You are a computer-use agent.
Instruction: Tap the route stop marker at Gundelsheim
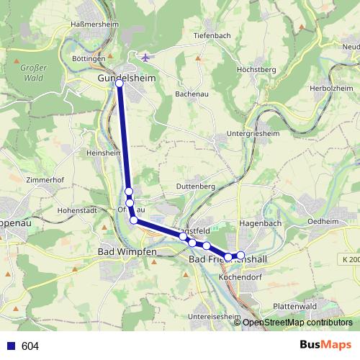120,84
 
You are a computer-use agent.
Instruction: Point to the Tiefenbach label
211,35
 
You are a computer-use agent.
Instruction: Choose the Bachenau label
192,94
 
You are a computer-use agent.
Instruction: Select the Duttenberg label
197,186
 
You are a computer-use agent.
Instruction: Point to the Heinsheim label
103,153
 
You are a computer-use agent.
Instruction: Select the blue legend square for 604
11,346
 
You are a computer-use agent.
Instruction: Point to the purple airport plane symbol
146,58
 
